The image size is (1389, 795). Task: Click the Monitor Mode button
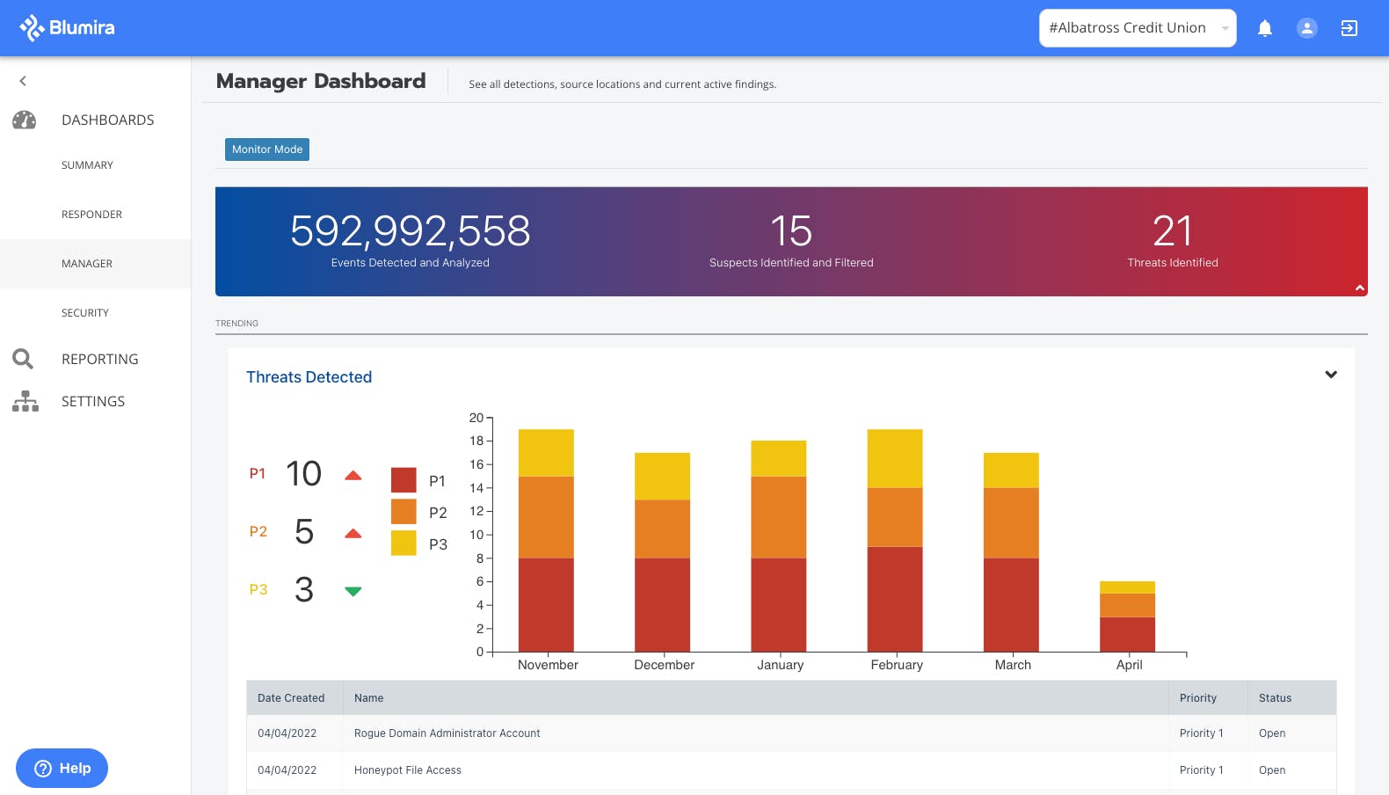point(266,150)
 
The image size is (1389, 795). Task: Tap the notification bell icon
point(1264,28)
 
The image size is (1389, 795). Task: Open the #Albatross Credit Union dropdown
point(1137,28)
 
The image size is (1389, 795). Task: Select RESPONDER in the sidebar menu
point(91,215)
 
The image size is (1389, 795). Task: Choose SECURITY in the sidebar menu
point(85,313)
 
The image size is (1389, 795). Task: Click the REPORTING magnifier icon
point(23,359)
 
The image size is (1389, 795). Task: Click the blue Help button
point(62,768)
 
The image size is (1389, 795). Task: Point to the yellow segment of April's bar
point(1127,587)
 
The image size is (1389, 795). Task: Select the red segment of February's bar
point(894,599)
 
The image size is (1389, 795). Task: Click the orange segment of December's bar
point(662,529)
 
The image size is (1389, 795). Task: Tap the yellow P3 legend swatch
point(404,543)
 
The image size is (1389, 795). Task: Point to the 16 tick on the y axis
point(476,464)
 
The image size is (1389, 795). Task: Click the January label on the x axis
point(780,665)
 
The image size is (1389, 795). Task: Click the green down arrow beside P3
point(353,591)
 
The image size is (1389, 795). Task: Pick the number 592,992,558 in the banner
point(410,231)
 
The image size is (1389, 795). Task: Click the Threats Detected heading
point(309,377)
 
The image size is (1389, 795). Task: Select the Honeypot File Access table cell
point(408,770)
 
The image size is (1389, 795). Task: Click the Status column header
point(1275,698)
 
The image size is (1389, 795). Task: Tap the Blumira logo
point(68,28)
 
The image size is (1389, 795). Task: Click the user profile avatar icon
point(1306,28)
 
